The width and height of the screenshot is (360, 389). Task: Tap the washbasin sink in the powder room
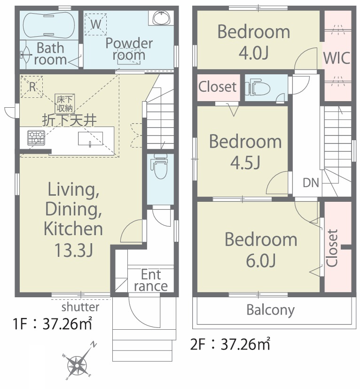click(x=161, y=18)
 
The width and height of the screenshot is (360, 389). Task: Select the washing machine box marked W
click(x=96, y=24)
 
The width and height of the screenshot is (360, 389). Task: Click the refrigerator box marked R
click(x=32, y=87)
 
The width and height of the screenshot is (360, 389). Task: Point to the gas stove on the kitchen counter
click(x=36, y=138)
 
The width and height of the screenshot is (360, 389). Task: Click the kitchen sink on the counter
click(x=91, y=138)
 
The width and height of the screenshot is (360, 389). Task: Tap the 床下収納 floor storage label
click(x=65, y=103)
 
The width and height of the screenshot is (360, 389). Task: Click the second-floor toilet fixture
click(x=258, y=87)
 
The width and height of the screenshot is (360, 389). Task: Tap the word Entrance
click(x=151, y=280)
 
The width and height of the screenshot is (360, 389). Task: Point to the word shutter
click(x=80, y=307)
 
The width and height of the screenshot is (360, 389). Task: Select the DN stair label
click(x=311, y=183)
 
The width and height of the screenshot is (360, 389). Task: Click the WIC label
click(x=337, y=58)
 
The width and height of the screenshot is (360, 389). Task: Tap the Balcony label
click(x=271, y=310)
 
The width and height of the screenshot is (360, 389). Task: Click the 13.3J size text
click(x=74, y=250)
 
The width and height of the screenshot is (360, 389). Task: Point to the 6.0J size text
click(x=260, y=260)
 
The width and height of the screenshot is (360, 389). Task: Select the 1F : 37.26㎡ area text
click(x=53, y=324)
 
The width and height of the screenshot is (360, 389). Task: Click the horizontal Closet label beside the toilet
click(x=218, y=87)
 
